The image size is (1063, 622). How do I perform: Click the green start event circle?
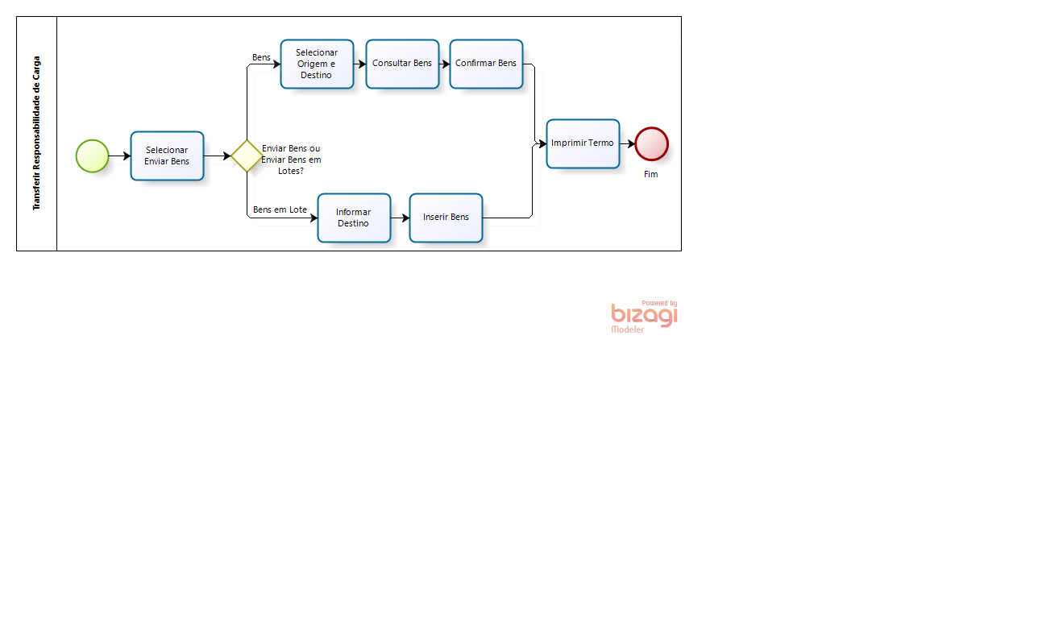click(92, 155)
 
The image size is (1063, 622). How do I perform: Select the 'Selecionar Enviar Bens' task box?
click(167, 156)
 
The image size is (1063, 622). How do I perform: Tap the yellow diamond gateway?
click(247, 155)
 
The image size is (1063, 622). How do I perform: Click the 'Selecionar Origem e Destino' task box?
click(317, 64)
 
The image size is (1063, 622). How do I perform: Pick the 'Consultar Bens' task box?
click(402, 64)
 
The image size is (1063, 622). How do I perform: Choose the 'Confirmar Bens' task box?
click(487, 64)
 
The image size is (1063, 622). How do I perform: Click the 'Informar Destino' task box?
click(354, 218)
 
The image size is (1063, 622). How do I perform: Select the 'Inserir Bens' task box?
click(446, 218)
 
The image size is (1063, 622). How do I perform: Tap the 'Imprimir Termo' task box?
click(583, 143)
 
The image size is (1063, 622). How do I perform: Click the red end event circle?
click(651, 143)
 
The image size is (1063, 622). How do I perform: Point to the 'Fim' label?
click(650, 174)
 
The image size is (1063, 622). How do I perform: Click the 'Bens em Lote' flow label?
click(280, 209)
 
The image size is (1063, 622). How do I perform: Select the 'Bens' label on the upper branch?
click(261, 57)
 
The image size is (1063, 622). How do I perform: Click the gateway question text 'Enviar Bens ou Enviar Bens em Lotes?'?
click(291, 160)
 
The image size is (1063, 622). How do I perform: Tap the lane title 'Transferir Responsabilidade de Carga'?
click(36, 133)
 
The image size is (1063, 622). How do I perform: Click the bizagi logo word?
click(644, 316)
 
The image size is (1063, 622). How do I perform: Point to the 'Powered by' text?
click(659, 303)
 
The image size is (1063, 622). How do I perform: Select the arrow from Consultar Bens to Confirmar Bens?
click(445, 64)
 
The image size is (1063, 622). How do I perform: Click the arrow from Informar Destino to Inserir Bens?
click(400, 218)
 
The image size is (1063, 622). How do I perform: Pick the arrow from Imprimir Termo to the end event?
click(627, 143)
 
